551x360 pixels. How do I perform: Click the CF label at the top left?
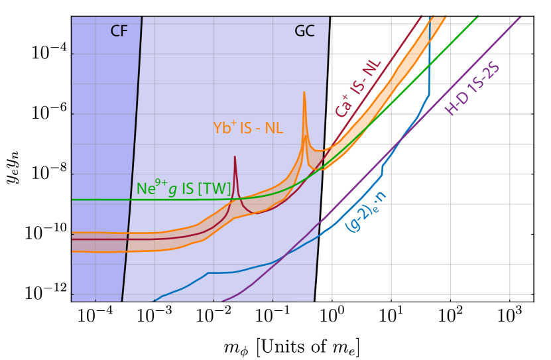[x=119, y=31]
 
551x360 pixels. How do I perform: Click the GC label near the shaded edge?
[x=304, y=31]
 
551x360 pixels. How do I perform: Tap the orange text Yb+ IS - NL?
[x=247, y=128]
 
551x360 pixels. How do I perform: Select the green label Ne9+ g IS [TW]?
[x=184, y=188]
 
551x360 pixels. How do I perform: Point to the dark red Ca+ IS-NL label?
[x=357, y=88]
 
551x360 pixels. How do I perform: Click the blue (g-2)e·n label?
[x=366, y=211]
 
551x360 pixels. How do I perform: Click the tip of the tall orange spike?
[x=304, y=92]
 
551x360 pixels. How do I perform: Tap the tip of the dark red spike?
[x=235, y=157]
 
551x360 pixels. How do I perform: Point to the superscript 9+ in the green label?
[x=160, y=182]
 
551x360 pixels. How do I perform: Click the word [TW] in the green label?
[x=214, y=189]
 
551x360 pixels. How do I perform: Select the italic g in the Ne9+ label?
[x=173, y=190]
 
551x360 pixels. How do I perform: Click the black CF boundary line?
[x=132, y=166]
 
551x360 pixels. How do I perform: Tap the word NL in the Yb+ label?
[x=274, y=129]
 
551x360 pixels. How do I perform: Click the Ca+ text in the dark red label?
[x=343, y=106]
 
